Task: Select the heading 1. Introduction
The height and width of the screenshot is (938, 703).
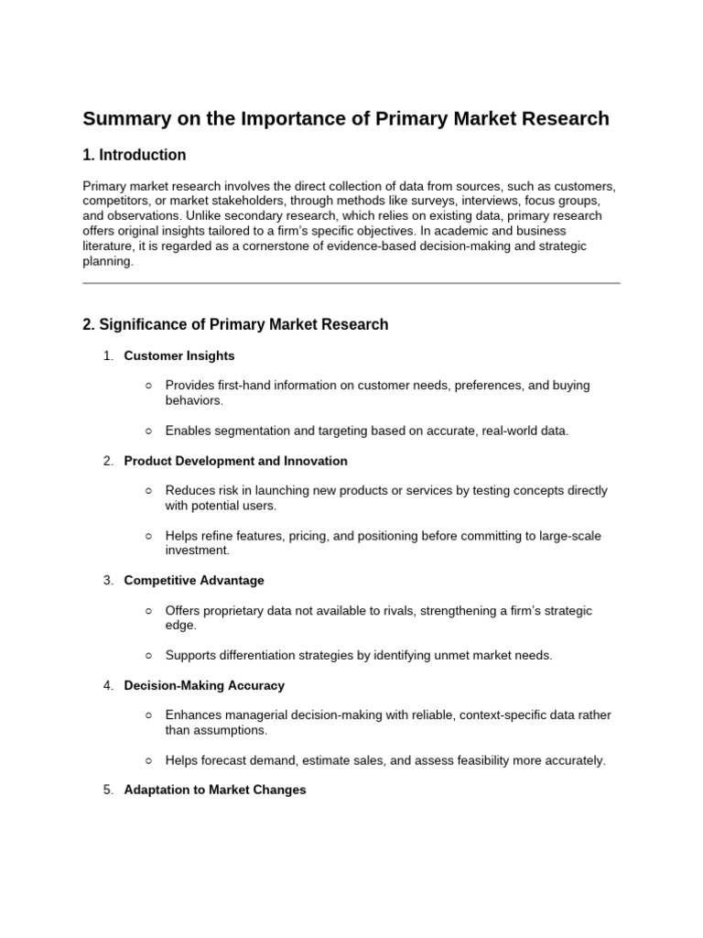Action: (135, 155)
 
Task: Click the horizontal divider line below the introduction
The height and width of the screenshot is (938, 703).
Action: (351, 283)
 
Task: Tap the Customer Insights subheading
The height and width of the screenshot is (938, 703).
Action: (179, 355)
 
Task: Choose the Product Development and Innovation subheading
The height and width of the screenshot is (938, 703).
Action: (235, 461)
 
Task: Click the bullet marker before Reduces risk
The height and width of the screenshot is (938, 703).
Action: (149, 491)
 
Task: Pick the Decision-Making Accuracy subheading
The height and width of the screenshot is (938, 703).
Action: (204, 685)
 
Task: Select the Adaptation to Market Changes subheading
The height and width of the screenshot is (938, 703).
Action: (215, 790)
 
